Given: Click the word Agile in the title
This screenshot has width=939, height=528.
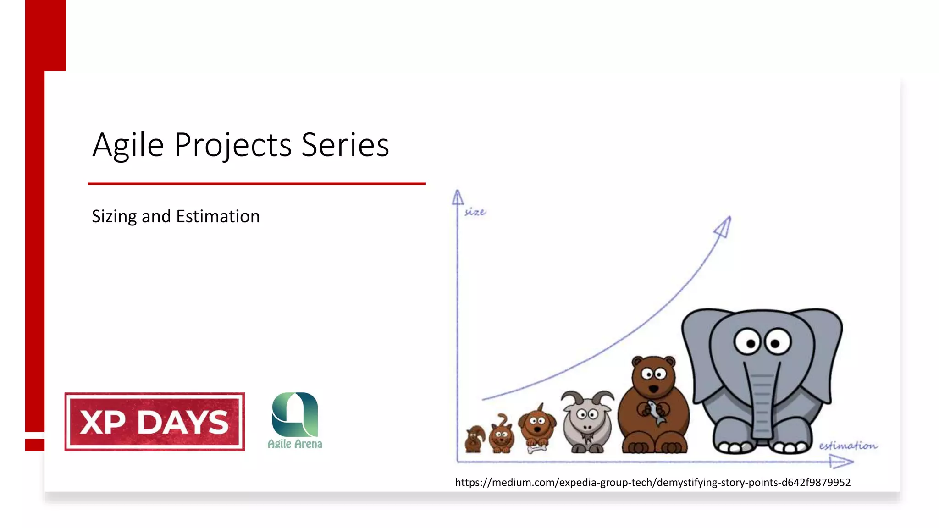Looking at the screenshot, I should pos(128,145).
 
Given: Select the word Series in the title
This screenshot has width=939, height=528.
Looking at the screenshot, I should pos(345,145).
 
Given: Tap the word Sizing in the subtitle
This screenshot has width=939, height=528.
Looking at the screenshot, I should pos(114,216).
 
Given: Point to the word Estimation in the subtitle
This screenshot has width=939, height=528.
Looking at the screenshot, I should pos(218,216).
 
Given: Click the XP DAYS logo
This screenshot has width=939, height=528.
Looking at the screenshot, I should pos(155,422).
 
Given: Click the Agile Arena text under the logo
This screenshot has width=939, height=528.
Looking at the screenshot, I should pos(295,444).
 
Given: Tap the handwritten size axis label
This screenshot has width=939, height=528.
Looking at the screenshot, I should pos(475,212).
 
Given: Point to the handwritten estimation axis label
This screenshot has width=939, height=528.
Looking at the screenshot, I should pos(848,445).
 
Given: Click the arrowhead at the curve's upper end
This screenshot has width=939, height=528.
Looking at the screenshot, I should pos(724,227).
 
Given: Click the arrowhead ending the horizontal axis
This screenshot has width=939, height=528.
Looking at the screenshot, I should pos(841,462).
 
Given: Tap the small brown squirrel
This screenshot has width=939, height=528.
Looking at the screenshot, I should pos(475,439).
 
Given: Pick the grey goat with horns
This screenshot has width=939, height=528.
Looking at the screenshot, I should pos(587,422).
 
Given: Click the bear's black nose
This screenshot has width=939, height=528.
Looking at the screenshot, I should pos(653,389).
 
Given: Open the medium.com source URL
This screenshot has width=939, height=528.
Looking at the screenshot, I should pos(652,482).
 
